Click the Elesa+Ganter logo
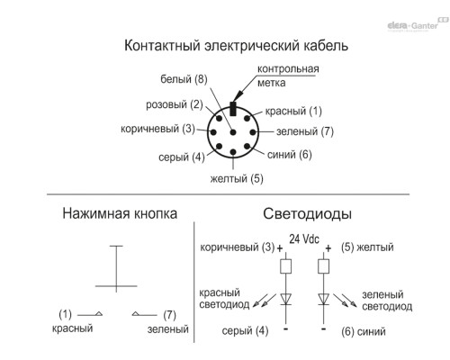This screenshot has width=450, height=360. [418, 25]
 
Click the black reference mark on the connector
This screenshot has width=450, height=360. [233, 109]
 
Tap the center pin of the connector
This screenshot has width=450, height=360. [233, 132]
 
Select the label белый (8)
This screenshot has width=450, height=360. [184, 79]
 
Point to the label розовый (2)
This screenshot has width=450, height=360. [175, 104]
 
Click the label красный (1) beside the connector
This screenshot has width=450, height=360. [293, 111]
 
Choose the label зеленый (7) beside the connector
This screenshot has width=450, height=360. [305, 131]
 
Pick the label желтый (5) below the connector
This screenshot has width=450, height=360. [237, 178]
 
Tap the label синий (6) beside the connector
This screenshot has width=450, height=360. [290, 155]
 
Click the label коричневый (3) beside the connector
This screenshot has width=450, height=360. [157, 129]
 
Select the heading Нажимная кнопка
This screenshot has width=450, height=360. [120, 213]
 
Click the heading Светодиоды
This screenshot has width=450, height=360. [307, 214]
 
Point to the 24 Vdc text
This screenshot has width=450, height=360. [304, 239]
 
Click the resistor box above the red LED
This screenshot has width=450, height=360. [285, 266]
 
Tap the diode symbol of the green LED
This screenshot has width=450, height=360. [323, 300]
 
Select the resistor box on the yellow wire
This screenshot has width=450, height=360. [323, 266]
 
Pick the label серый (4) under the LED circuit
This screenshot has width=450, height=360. [245, 331]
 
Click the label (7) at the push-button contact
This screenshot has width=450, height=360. [169, 315]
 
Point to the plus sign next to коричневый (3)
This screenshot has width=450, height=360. [280, 248]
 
